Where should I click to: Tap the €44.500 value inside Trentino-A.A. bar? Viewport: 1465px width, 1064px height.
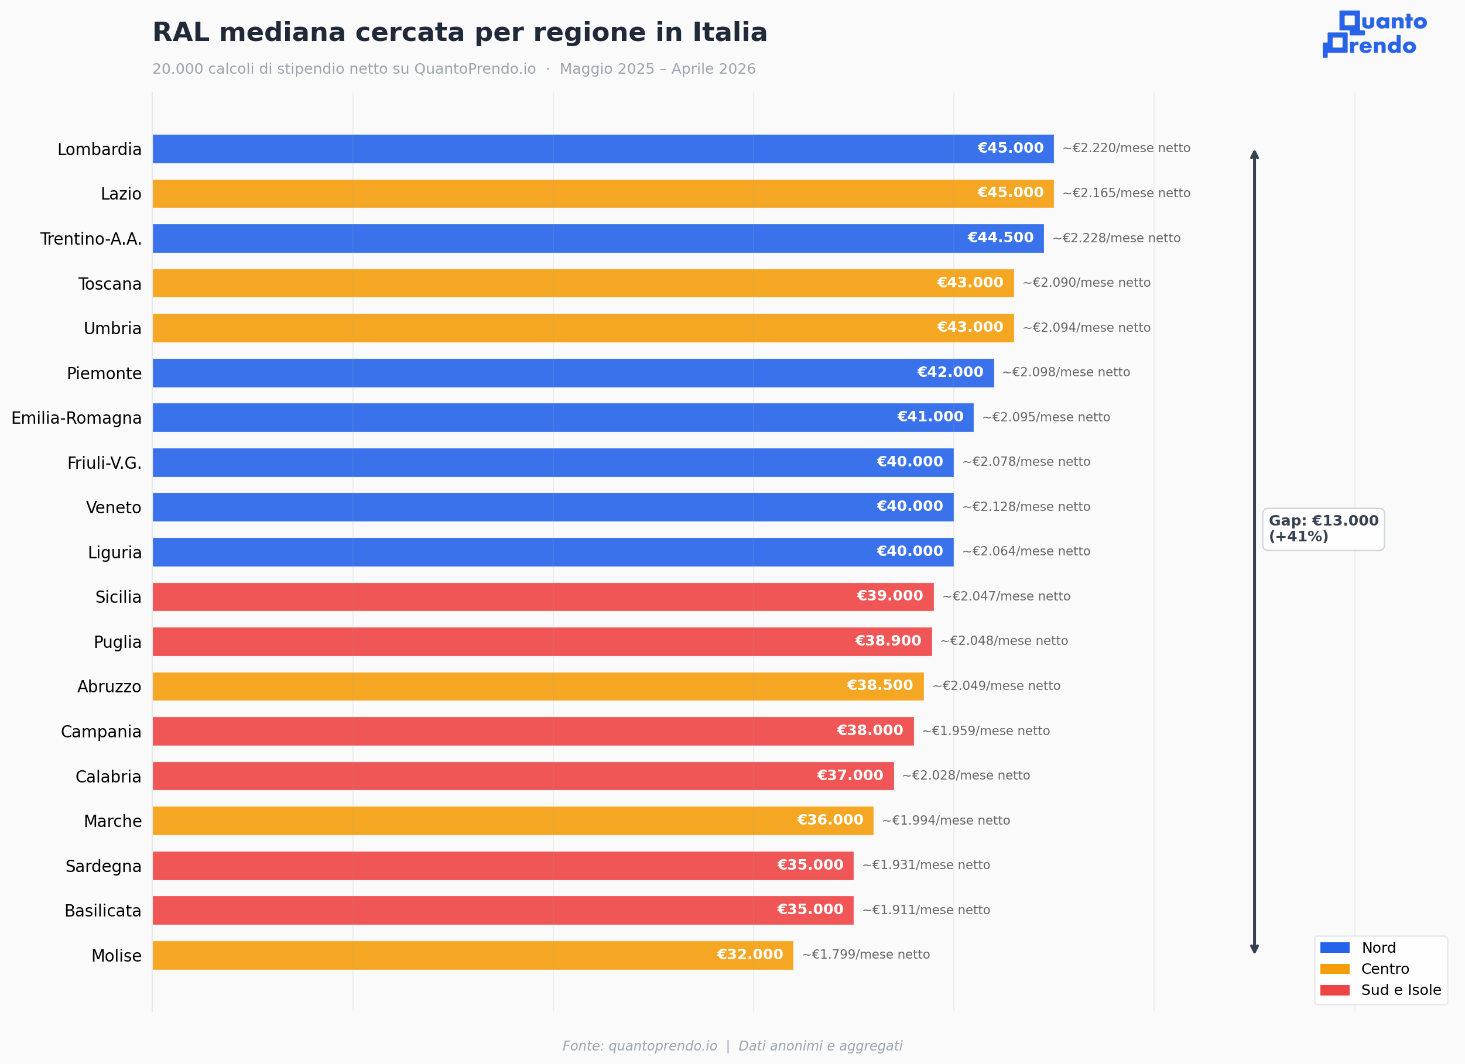click(x=1000, y=238)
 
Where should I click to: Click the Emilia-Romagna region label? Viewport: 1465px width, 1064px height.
click(x=76, y=418)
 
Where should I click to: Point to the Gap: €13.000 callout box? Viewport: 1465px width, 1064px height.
click(x=1323, y=528)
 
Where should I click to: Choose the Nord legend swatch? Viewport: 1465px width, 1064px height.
click(x=1334, y=948)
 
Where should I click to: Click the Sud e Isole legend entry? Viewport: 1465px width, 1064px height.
click(x=1401, y=990)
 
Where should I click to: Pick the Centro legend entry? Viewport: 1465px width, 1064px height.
click(x=1384, y=969)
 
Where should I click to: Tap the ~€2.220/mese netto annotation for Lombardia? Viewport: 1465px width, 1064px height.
click(x=1126, y=148)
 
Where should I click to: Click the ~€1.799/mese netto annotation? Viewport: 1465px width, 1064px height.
click(x=865, y=954)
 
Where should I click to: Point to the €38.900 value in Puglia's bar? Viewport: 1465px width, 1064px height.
click(x=888, y=640)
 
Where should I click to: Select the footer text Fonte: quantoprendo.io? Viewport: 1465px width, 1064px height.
click(x=639, y=1045)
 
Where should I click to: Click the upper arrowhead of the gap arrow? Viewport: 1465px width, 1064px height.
click(x=1254, y=155)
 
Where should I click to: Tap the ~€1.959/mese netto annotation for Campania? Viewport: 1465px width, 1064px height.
click(x=985, y=731)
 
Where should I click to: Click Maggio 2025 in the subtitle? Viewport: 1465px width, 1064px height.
click(x=607, y=69)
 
